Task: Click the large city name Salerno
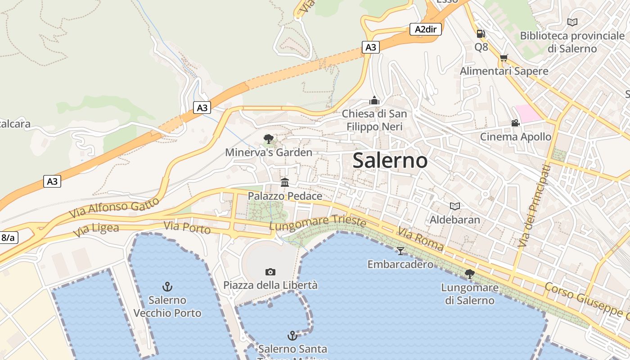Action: pyautogui.click(x=390, y=161)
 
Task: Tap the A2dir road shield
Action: pyautogui.click(x=425, y=29)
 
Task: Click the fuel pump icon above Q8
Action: pyautogui.click(x=481, y=34)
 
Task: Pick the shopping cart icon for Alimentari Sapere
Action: pyautogui.click(x=504, y=58)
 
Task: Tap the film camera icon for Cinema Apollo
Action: pyautogui.click(x=515, y=123)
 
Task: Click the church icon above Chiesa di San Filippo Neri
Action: pyautogui.click(x=374, y=100)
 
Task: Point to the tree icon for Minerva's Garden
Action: pyautogui.click(x=269, y=139)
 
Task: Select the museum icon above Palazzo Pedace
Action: pyautogui.click(x=285, y=182)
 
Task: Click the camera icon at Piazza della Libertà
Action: pyautogui.click(x=270, y=272)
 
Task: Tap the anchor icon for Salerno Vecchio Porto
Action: pyautogui.click(x=167, y=286)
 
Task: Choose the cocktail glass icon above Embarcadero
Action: pyautogui.click(x=400, y=251)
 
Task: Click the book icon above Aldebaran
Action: pyautogui.click(x=455, y=206)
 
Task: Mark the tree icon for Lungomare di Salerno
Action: pyautogui.click(x=470, y=274)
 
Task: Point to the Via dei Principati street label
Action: pyautogui.click(x=534, y=206)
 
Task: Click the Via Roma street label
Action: pyautogui.click(x=420, y=239)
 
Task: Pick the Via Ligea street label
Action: pyautogui.click(x=96, y=229)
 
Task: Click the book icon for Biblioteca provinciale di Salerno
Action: pyautogui.click(x=572, y=22)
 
